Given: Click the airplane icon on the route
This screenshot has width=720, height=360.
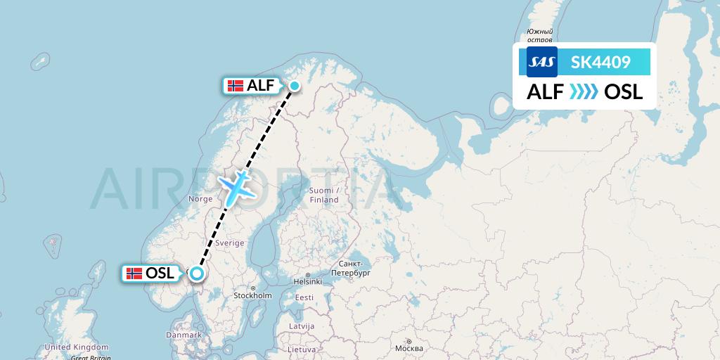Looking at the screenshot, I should pyautogui.click(x=238, y=186).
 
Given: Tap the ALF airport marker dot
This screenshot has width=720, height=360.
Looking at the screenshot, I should pyautogui.click(x=294, y=86).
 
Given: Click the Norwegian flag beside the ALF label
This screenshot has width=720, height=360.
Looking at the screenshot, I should pyautogui.click(x=236, y=86).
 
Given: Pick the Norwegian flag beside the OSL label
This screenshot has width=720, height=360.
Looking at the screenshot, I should pyautogui.click(x=134, y=274).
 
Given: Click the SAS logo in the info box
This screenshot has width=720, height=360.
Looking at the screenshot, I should pyautogui.click(x=542, y=62).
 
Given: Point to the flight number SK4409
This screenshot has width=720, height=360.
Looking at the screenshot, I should pyautogui.click(x=600, y=62).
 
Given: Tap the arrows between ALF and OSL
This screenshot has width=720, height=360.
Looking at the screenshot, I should pyautogui.click(x=583, y=92).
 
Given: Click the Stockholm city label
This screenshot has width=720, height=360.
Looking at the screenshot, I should pyautogui.click(x=252, y=295).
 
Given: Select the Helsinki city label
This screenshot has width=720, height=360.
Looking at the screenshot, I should pyautogui.click(x=307, y=282).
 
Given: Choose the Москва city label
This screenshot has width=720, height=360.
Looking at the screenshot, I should pyautogui.click(x=409, y=349).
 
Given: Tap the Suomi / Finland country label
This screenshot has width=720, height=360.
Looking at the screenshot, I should pyautogui.click(x=324, y=195).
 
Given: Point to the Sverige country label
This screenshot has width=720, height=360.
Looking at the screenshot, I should pyautogui.click(x=230, y=243).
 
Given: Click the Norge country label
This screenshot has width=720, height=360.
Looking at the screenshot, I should pyautogui.click(x=200, y=199).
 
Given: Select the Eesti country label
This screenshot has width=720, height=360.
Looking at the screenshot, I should pyautogui.click(x=304, y=297).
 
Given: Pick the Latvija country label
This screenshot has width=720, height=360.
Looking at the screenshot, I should pyautogui.click(x=302, y=326).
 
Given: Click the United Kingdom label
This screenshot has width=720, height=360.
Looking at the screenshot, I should pyautogui.click(x=77, y=347).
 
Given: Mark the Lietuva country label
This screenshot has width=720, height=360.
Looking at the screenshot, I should pyautogui.click(x=302, y=349).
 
